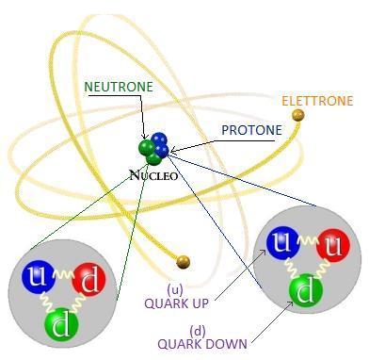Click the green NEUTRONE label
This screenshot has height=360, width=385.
tap(119, 87)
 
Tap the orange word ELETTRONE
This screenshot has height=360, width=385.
tap(317, 101)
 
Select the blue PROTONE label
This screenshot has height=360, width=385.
tap(251, 130)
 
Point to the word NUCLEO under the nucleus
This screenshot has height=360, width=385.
tap(153, 174)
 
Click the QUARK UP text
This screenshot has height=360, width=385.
tap(176, 303)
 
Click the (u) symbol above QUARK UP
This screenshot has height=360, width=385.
tap(175, 289)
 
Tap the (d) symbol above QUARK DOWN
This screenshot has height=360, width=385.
tap(198, 330)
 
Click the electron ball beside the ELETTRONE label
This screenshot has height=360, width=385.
tap(298, 116)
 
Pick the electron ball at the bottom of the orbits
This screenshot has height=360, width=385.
tap(184, 261)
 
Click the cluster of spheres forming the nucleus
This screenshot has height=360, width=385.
tap(153, 148)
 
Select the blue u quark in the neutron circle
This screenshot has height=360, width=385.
tap(38, 278)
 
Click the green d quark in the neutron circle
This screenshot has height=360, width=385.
tap(60, 324)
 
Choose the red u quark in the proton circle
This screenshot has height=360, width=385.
tap(333, 247)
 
